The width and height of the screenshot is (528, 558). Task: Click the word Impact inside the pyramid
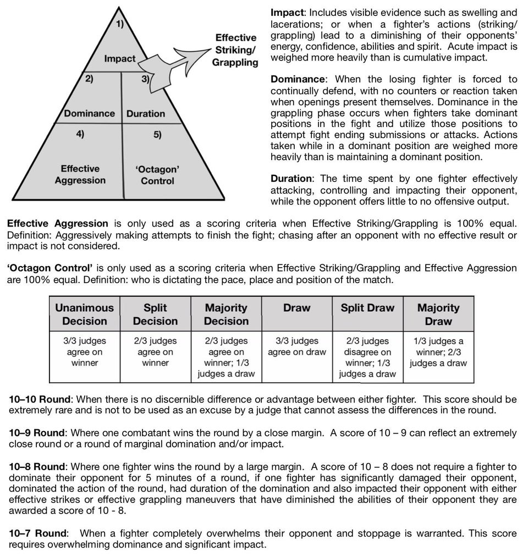point(119,59)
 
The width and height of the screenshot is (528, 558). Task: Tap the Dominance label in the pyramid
point(89,114)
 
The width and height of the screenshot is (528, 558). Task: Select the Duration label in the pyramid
point(145,114)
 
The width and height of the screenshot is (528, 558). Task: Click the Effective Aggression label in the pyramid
point(80,174)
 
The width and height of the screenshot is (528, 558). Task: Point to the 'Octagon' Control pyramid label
point(157,175)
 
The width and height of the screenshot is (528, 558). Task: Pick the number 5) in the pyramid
point(157,135)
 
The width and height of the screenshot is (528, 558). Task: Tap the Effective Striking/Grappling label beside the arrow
point(235,50)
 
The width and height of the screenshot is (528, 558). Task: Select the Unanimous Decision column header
point(84,314)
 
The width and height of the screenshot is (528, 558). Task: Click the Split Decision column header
point(155,314)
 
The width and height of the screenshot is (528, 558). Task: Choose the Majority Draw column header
point(438,314)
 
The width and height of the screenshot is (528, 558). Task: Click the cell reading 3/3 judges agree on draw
point(297,346)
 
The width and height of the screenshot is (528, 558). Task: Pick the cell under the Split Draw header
point(367,357)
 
